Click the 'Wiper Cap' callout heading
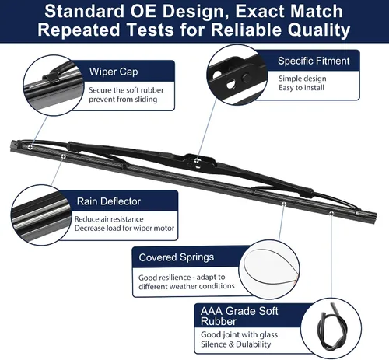pos(114,72)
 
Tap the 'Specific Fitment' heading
pos(314,61)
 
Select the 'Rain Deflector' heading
pos(109,201)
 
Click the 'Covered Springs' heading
pos(177,257)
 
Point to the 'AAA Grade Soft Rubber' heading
pos(239,316)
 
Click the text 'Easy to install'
pos(301,88)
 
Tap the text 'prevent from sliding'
pos(123,100)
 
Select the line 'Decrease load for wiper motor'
pos(124,229)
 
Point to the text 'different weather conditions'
pos(187,286)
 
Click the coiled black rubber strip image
pos(331,327)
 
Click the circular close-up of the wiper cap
pos(54,86)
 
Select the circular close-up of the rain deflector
pos(41,215)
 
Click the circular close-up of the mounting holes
pos(237,75)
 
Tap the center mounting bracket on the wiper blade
pos(198,161)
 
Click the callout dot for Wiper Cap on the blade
pos(30,147)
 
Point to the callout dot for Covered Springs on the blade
pos(284,204)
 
